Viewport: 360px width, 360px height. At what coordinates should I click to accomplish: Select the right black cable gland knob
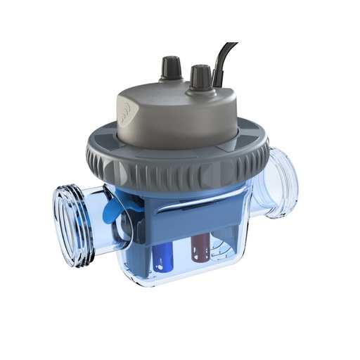(200, 73)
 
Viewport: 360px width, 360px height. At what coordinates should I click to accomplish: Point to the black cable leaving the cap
(224, 56)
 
